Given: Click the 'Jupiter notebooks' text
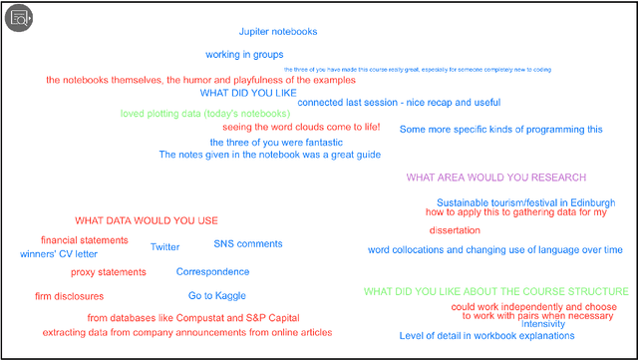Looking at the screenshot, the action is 278,32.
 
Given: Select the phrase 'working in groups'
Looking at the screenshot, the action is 244,55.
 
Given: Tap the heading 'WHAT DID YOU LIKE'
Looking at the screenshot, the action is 248,93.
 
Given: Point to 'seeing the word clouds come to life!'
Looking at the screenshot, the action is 301,127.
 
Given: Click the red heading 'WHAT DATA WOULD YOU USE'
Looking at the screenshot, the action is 147,220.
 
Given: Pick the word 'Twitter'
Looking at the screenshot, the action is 165,247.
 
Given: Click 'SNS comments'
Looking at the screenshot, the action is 248,244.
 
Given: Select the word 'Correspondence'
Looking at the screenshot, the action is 213,271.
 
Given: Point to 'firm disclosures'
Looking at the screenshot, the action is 69,296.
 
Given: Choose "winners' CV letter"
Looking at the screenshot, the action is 60,254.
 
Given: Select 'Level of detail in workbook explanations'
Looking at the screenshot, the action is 487,336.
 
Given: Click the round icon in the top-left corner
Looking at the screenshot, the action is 19,18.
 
